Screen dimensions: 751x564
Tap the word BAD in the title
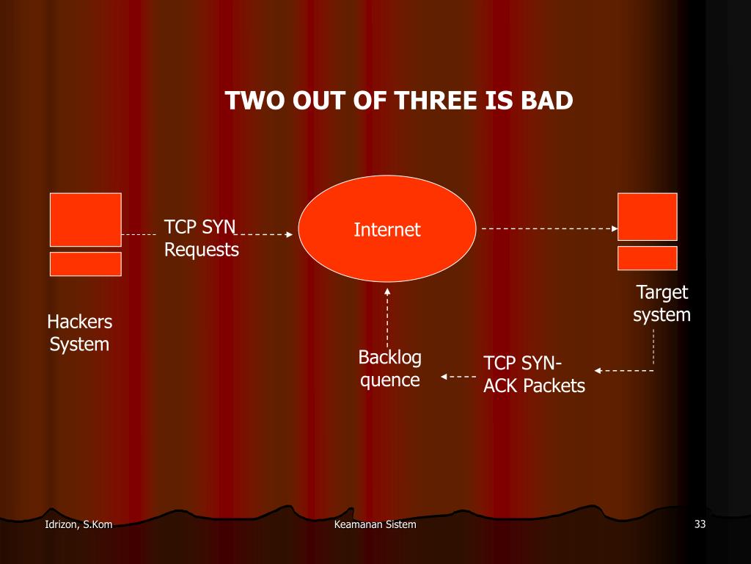coord(546,101)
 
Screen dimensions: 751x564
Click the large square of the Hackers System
coord(86,219)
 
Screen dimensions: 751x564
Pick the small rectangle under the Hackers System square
coord(86,264)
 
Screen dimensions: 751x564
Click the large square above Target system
coord(648,216)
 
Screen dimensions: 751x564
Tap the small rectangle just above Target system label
coord(648,258)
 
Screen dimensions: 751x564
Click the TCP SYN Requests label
coord(201,238)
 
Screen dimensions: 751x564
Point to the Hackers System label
coord(79,333)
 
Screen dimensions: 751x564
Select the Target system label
coord(662,304)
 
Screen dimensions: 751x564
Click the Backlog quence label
coord(389,369)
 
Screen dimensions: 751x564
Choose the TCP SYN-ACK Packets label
coord(533,375)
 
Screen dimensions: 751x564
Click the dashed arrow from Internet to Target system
coord(550,228)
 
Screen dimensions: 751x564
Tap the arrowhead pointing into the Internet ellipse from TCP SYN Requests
coord(289,235)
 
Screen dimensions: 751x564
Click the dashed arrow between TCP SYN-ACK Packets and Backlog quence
coord(458,377)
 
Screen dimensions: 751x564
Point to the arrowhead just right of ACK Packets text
coord(598,370)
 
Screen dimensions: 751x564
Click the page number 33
coord(699,524)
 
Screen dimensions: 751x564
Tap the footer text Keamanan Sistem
coord(375,524)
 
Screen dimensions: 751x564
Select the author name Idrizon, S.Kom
coord(78,524)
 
